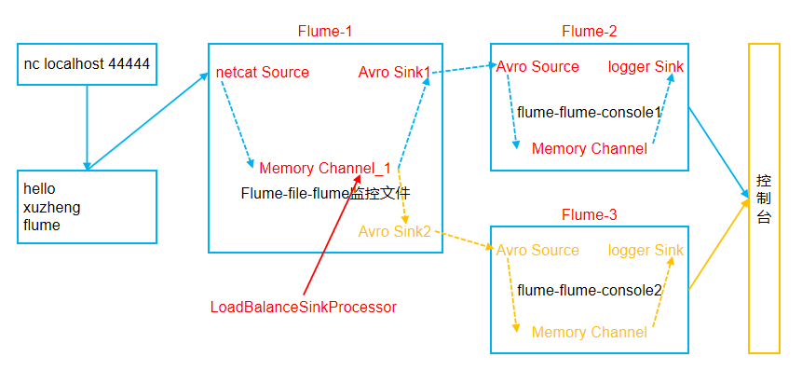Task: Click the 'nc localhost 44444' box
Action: [x=87, y=65]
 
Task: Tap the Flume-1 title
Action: [x=325, y=32]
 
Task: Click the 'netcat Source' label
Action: [x=263, y=72]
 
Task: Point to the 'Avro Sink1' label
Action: [x=394, y=72]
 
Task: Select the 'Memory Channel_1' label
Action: [x=325, y=169]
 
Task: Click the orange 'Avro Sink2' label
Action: [x=394, y=231]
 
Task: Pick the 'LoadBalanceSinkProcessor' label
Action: [x=304, y=307]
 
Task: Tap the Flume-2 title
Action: [x=589, y=32]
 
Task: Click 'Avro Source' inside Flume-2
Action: [x=537, y=67]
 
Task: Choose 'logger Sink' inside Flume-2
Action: [x=646, y=67]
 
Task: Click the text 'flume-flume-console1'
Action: [x=589, y=113]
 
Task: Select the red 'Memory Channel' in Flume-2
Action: [x=589, y=149]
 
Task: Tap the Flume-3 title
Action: [x=589, y=215]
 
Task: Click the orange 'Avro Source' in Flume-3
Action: [x=537, y=251]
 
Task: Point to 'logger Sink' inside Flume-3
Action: [x=646, y=251]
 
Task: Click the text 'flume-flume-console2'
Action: [x=589, y=291]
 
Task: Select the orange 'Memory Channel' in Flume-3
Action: [x=589, y=333]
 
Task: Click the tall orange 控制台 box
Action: [x=764, y=198]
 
